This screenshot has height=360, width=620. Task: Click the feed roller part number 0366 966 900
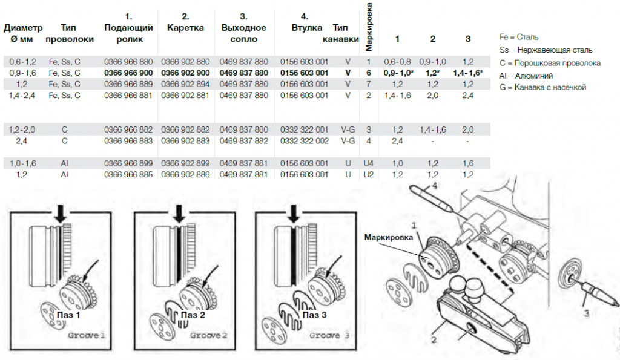click(128, 73)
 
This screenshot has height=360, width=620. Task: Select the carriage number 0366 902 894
click(185, 84)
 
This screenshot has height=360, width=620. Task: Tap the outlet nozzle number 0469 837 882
click(243, 140)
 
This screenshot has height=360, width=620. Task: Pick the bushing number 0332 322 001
click(304, 129)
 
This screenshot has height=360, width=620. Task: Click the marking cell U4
click(368, 163)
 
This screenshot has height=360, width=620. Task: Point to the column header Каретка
click(185, 28)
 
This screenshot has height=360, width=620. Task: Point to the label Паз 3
click(314, 315)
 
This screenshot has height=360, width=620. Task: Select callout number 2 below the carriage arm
click(433, 340)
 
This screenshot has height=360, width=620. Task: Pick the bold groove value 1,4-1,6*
click(467, 73)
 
